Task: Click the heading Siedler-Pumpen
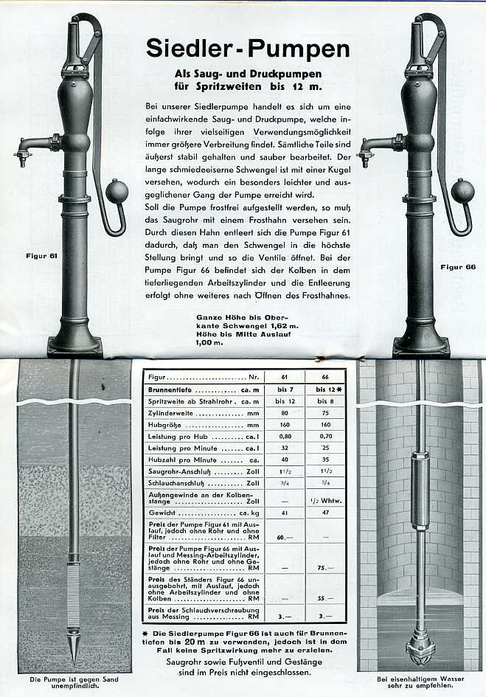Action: click(248, 48)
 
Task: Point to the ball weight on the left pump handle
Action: click(117, 190)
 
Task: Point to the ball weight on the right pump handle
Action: click(462, 190)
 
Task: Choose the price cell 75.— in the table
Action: click(320, 568)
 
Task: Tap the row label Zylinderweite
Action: click(171, 414)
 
